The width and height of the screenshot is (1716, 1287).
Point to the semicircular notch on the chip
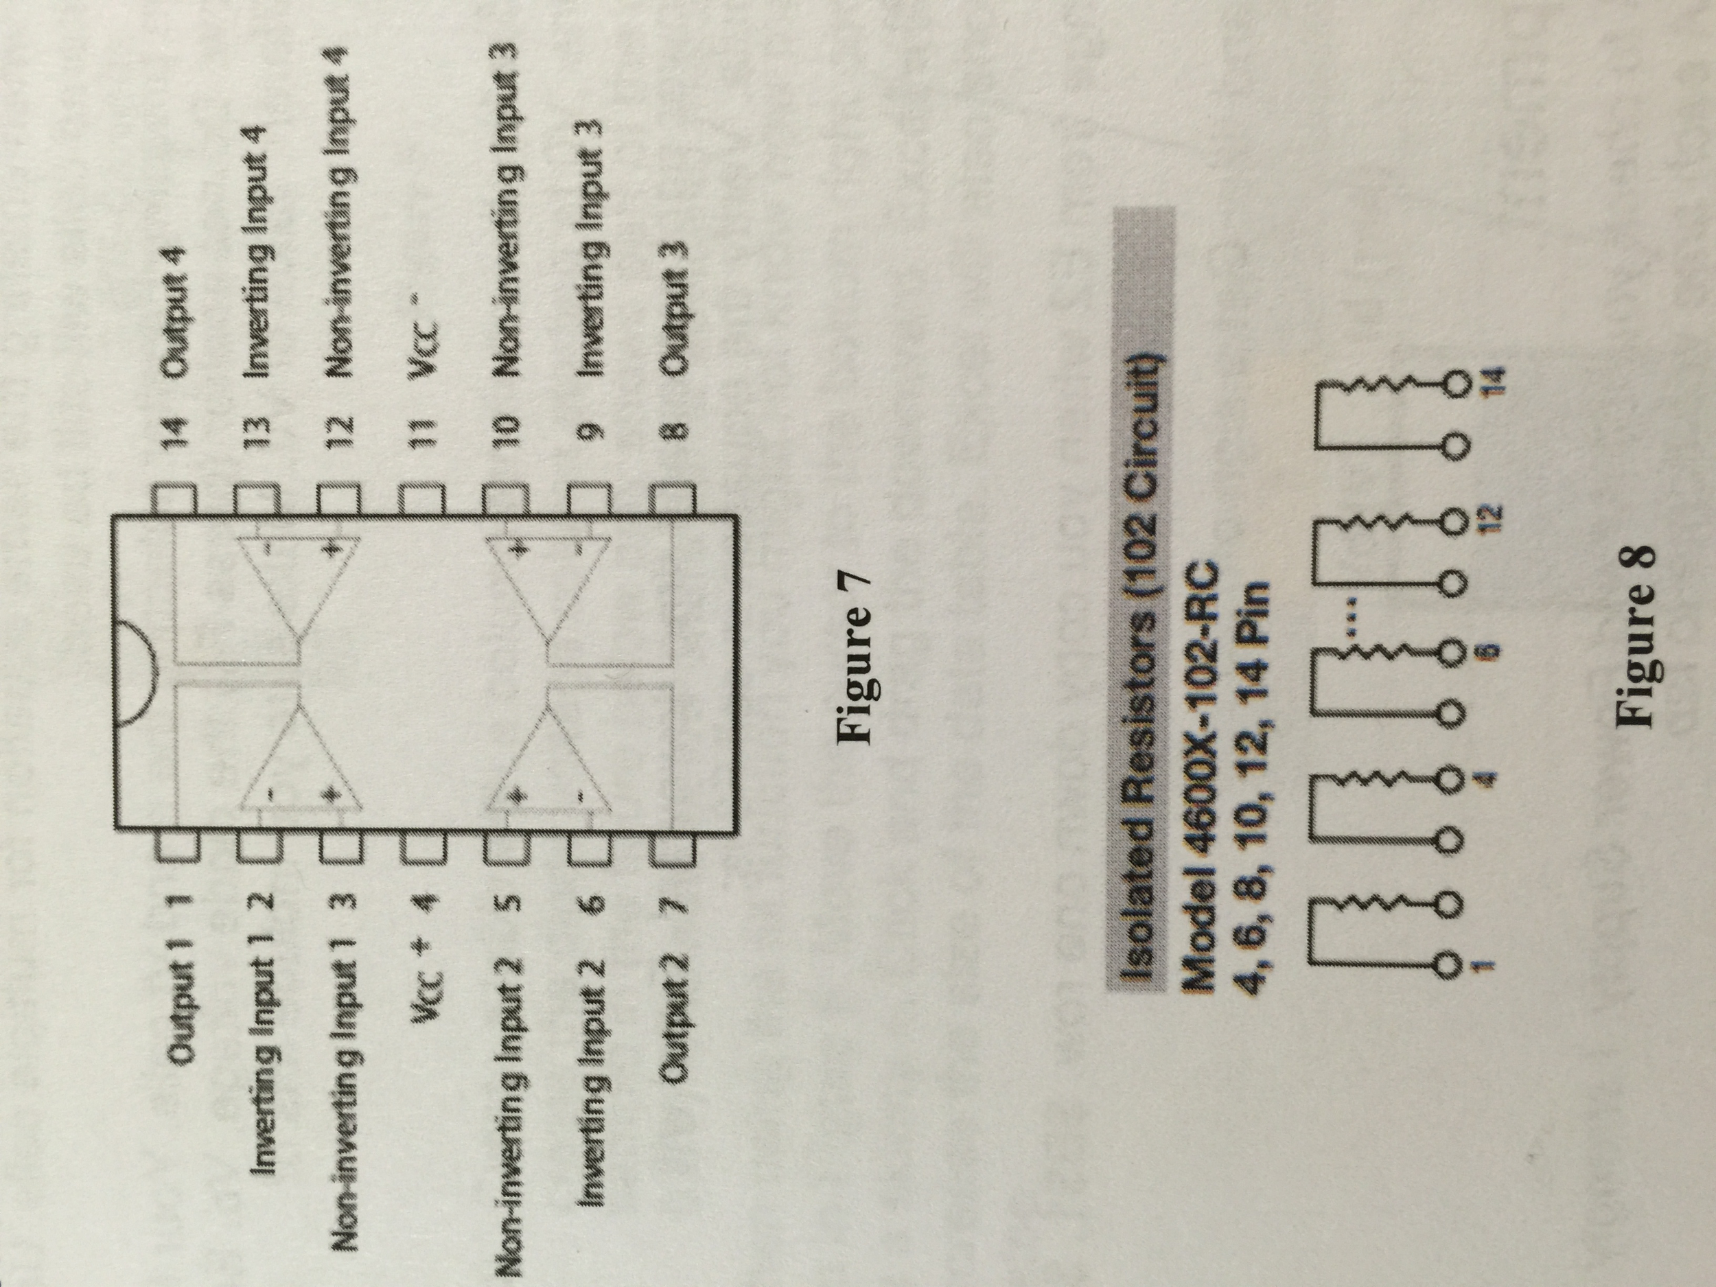click(141, 670)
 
